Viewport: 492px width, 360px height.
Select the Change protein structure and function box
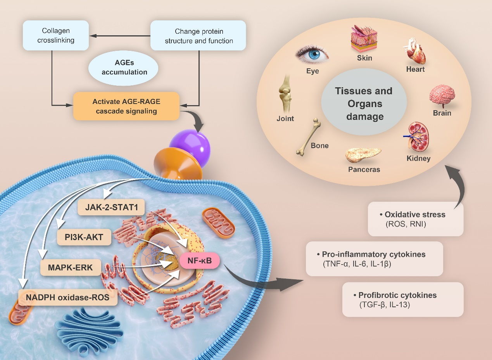pyautogui.click(x=199, y=35)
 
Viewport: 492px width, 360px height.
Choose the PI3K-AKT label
pyautogui.click(x=84, y=237)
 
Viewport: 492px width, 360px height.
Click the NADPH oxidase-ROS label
pyautogui.click(x=68, y=298)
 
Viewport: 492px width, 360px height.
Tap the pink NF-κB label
pyautogui.click(x=200, y=261)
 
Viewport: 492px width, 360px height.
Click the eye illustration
pyautogui.click(x=312, y=55)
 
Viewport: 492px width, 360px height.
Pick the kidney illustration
pyautogui.click(x=417, y=138)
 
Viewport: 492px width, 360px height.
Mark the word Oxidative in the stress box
pyautogui.click(x=401, y=215)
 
